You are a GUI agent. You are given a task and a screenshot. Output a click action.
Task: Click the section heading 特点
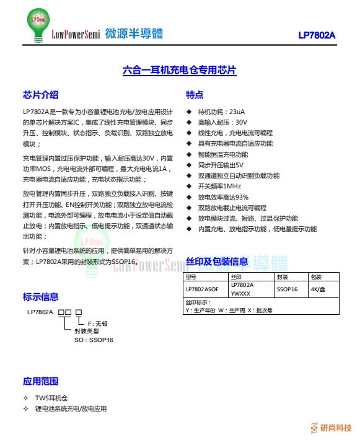[195, 95]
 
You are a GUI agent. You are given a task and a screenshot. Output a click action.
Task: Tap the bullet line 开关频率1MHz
[219, 186]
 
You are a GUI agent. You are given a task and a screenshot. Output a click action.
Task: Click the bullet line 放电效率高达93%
[223, 197]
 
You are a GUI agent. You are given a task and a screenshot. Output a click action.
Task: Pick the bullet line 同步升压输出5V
[221, 165]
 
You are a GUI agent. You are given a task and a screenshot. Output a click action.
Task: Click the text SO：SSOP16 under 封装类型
[94, 340]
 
